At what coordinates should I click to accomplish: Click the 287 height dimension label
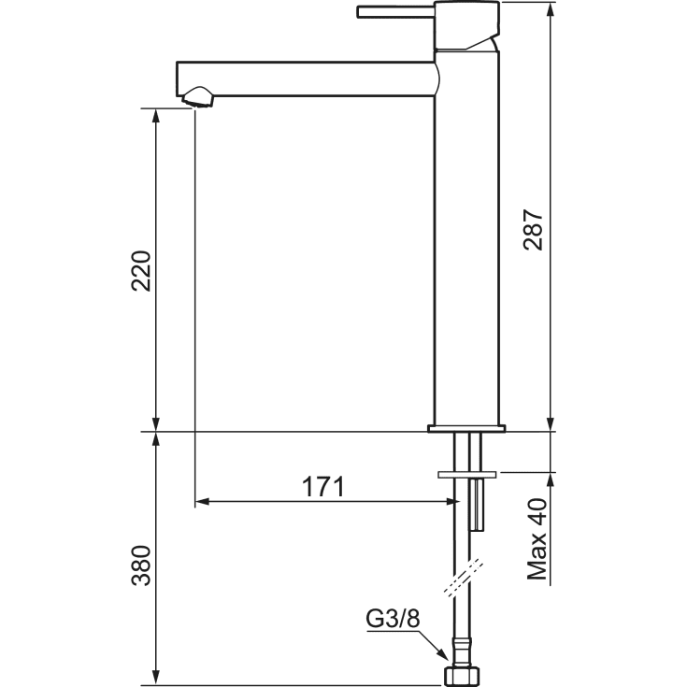click(x=533, y=230)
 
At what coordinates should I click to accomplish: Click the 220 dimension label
click(x=141, y=271)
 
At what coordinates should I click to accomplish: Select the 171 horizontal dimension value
click(x=323, y=486)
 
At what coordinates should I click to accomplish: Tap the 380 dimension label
click(x=141, y=565)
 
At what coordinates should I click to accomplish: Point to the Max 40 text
click(x=537, y=539)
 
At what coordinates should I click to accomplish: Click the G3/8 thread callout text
click(x=393, y=619)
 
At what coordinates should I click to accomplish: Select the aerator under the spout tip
click(x=198, y=97)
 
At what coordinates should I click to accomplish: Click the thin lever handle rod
click(x=395, y=12)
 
